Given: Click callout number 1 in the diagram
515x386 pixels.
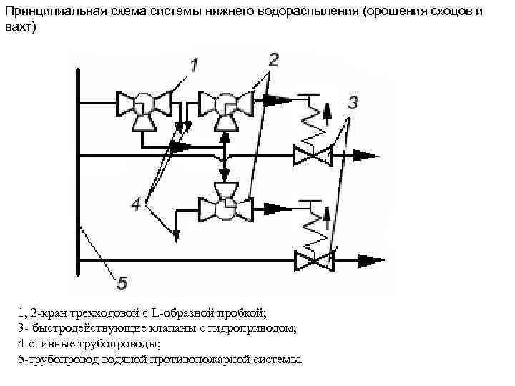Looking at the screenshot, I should pos(195,66).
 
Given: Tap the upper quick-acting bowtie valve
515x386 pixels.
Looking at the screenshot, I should pos(313,154).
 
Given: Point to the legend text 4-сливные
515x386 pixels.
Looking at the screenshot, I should pos(46,343).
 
